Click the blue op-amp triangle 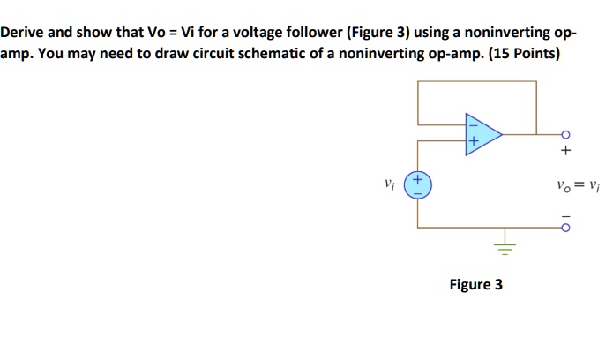[x=482, y=135]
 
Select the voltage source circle [x=417, y=186]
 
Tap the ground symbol [x=505, y=245]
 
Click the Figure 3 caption [x=475, y=285]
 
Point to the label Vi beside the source [x=388, y=185]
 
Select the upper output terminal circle [x=565, y=135]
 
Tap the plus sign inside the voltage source [x=417, y=179]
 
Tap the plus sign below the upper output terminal [x=565, y=151]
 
